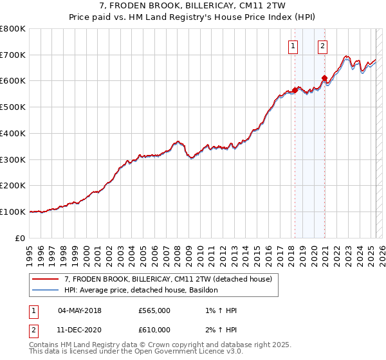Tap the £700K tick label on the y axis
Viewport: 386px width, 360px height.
coord(13,55)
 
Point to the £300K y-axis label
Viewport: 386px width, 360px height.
coord(13,159)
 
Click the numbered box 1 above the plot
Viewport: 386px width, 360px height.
coord(293,46)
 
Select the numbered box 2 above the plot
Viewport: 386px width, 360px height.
coord(322,46)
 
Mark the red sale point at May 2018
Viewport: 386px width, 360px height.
coord(295,90)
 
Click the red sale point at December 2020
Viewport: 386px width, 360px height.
coord(325,78)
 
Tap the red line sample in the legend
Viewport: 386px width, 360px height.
coord(46,279)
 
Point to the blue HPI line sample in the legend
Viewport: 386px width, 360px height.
coord(46,291)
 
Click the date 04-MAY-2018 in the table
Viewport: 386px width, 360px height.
coord(80,310)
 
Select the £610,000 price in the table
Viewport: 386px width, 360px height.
coord(154,330)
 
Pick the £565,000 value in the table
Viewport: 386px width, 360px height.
coord(154,310)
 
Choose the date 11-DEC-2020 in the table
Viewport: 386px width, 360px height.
coord(80,330)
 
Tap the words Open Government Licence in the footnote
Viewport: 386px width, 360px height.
coord(193,352)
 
